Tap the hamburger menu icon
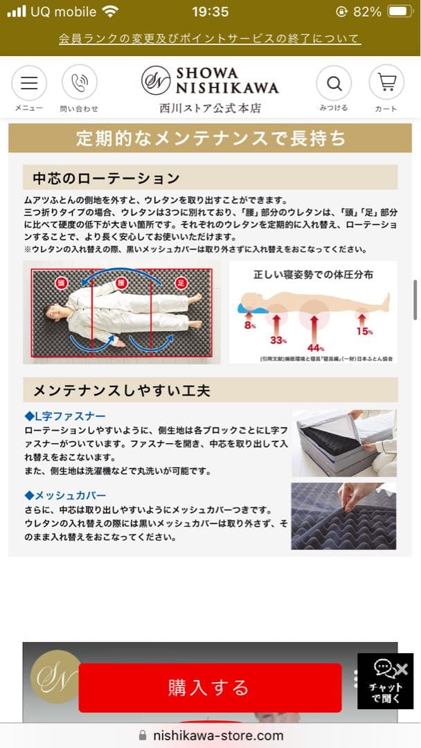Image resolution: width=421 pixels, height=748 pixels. tap(29, 84)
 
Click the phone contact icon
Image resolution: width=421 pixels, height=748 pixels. tap(79, 84)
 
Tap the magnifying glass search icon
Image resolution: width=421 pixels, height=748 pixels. tap(334, 84)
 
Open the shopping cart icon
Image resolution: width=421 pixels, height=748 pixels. tap(386, 83)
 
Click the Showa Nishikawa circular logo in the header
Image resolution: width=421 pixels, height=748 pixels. tap(156, 80)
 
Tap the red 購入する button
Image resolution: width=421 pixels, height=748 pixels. tap(209, 687)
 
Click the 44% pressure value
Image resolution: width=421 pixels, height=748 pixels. tap(316, 346)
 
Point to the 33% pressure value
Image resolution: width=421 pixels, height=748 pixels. tap(278, 340)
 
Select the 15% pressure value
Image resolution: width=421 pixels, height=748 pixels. tap(364, 331)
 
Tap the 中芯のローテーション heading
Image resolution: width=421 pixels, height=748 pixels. tap(106, 179)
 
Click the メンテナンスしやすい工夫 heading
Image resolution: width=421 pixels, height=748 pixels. tap(122, 391)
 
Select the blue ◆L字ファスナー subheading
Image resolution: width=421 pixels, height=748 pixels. tap(65, 416)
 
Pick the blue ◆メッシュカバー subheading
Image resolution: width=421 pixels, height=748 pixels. tap(65, 495)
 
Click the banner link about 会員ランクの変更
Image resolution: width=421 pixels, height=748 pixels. tap(210, 39)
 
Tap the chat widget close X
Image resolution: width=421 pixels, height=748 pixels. tap(402, 669)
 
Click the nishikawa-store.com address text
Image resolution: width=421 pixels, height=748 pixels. tap(218, 736)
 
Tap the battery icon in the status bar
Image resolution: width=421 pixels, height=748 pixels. tap(400, 12)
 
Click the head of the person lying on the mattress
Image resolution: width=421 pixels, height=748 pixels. tap(55, 312)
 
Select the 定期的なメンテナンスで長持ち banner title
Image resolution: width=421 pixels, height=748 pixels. tap(210, 139)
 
